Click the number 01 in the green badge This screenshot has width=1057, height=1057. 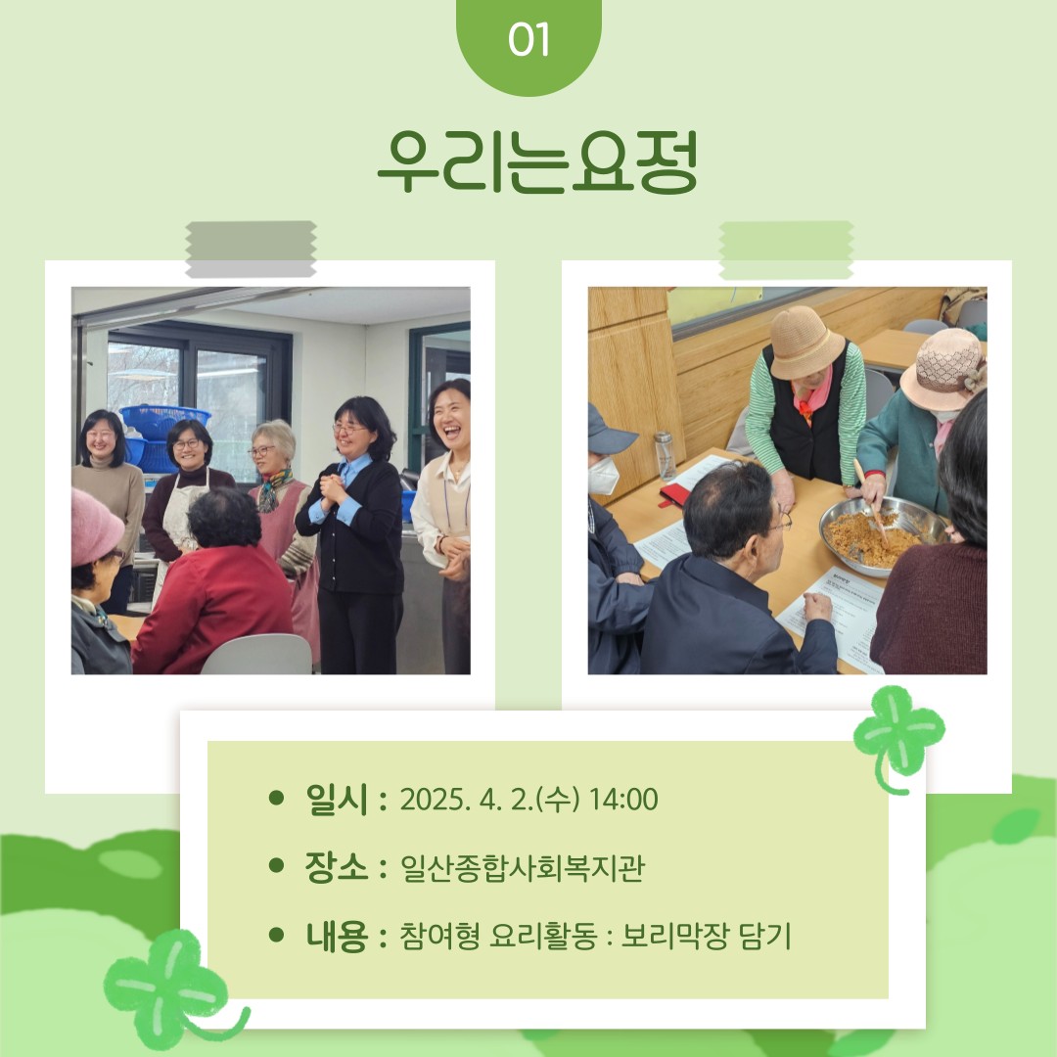(528, 40)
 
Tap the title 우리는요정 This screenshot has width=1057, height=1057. (537, 162)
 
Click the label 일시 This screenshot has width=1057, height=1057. (337, 800)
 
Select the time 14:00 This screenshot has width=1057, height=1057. (623, 800)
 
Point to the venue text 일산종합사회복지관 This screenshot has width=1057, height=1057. (523, 867)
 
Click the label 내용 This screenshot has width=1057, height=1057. (337, 937)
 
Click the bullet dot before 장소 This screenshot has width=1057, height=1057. (276, 865)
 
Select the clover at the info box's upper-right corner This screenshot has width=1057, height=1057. (897, 738)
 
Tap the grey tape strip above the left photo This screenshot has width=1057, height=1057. (251, 249)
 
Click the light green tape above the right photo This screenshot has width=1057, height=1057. (786, 251)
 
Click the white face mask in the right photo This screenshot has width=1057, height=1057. (603, 476)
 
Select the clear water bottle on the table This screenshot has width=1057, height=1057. (664, 456)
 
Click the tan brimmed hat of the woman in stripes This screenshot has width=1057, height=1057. (805, 342)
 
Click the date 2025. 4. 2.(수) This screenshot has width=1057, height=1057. (490, 800)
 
